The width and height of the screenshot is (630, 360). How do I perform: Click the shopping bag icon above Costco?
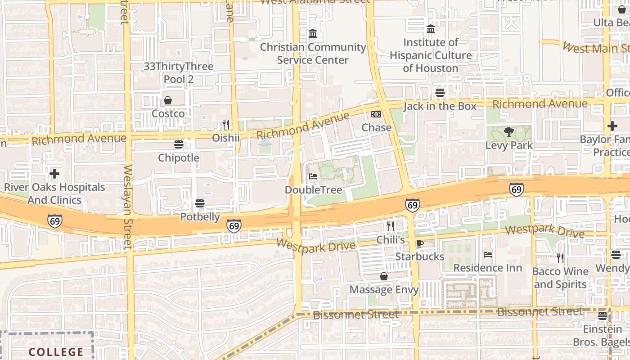[168, 100]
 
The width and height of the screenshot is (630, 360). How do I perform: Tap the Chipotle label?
[179, 158]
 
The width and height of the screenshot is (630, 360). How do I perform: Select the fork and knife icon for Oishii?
[226, 124]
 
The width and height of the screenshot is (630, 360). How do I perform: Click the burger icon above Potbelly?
[200, 204]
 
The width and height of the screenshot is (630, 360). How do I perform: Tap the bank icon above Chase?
[376, 115]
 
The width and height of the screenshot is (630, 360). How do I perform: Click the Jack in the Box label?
[440, 106]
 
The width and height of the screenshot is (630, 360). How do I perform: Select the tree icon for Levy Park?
[509, 132]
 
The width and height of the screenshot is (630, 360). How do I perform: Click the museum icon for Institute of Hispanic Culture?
[431, 29]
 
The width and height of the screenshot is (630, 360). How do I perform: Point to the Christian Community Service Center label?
[313, 54]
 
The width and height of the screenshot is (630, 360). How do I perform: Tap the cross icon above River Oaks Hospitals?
[54, 174]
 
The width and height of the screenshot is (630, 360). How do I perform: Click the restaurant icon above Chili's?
[391, 226]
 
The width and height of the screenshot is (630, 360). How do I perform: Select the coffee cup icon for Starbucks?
[419, 243]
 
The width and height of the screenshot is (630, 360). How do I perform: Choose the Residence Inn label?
[488, 268]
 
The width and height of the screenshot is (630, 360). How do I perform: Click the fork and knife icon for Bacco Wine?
[560, 258]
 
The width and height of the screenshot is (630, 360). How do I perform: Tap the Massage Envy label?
[384, 289]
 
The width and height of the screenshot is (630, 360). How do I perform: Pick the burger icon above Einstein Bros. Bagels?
[603, 316]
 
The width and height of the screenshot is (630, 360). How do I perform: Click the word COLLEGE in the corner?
[56, 352]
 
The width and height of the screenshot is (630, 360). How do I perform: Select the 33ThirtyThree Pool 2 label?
[179, 73]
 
